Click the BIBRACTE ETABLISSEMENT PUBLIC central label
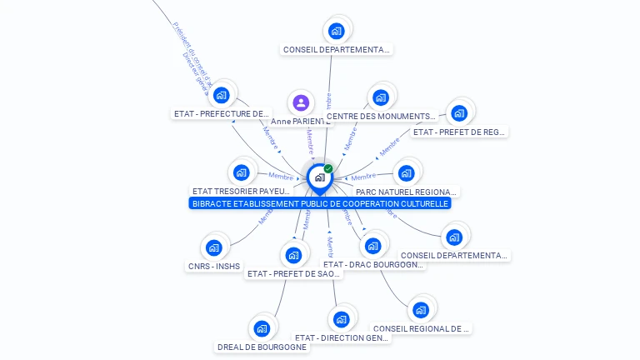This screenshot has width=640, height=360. pos(320,203)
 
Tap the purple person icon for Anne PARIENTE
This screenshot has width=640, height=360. pos(301,103)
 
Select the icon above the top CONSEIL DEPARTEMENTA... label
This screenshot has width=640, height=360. pos(337,31)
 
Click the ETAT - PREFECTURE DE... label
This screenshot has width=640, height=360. pos(222,113)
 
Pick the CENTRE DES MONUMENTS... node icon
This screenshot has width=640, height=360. pos(381,97)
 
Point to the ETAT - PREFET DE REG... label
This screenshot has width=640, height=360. pos(459,132)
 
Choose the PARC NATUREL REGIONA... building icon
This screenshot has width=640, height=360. pos(406,173)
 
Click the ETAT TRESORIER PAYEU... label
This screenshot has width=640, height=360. pos(242,192)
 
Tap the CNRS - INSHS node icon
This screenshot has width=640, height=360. pos(213,247)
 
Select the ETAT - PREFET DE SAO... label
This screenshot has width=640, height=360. pos(294,273)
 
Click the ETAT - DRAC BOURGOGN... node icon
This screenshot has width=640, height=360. pos(372,246)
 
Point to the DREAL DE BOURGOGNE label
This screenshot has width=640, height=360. pos(262,347)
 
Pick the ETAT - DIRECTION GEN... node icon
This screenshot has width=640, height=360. pos(341,319)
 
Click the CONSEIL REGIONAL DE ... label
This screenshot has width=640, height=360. pos(421,329)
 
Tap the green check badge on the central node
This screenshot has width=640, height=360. pos(328,169)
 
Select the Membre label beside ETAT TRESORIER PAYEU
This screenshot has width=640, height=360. pos(281,175)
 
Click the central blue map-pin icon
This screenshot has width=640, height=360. pos(319,177)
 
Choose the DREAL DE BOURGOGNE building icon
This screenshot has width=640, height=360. pos(262,328)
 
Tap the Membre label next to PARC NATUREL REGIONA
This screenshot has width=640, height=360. pos(363,177)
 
